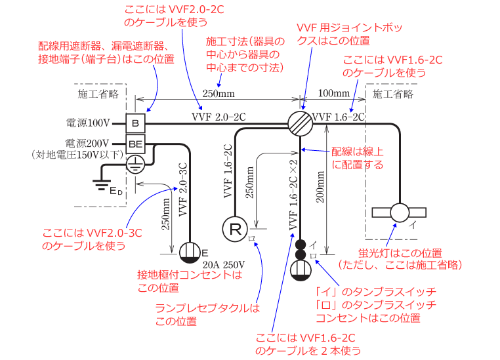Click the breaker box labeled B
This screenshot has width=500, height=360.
click(x=135, y=123)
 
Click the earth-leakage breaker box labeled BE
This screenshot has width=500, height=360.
click(x=135, y=144)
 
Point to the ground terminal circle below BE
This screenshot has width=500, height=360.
click(x=135, y=164)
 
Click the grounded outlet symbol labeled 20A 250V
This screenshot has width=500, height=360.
click(x=190, y=251)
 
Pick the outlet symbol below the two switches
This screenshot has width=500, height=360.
click(x=301, y=270)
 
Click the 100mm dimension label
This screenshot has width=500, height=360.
click(x=333, y=93)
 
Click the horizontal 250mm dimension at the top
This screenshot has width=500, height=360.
click(x=219, y=93)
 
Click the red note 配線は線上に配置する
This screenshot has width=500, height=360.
click(x=358, y=158)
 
